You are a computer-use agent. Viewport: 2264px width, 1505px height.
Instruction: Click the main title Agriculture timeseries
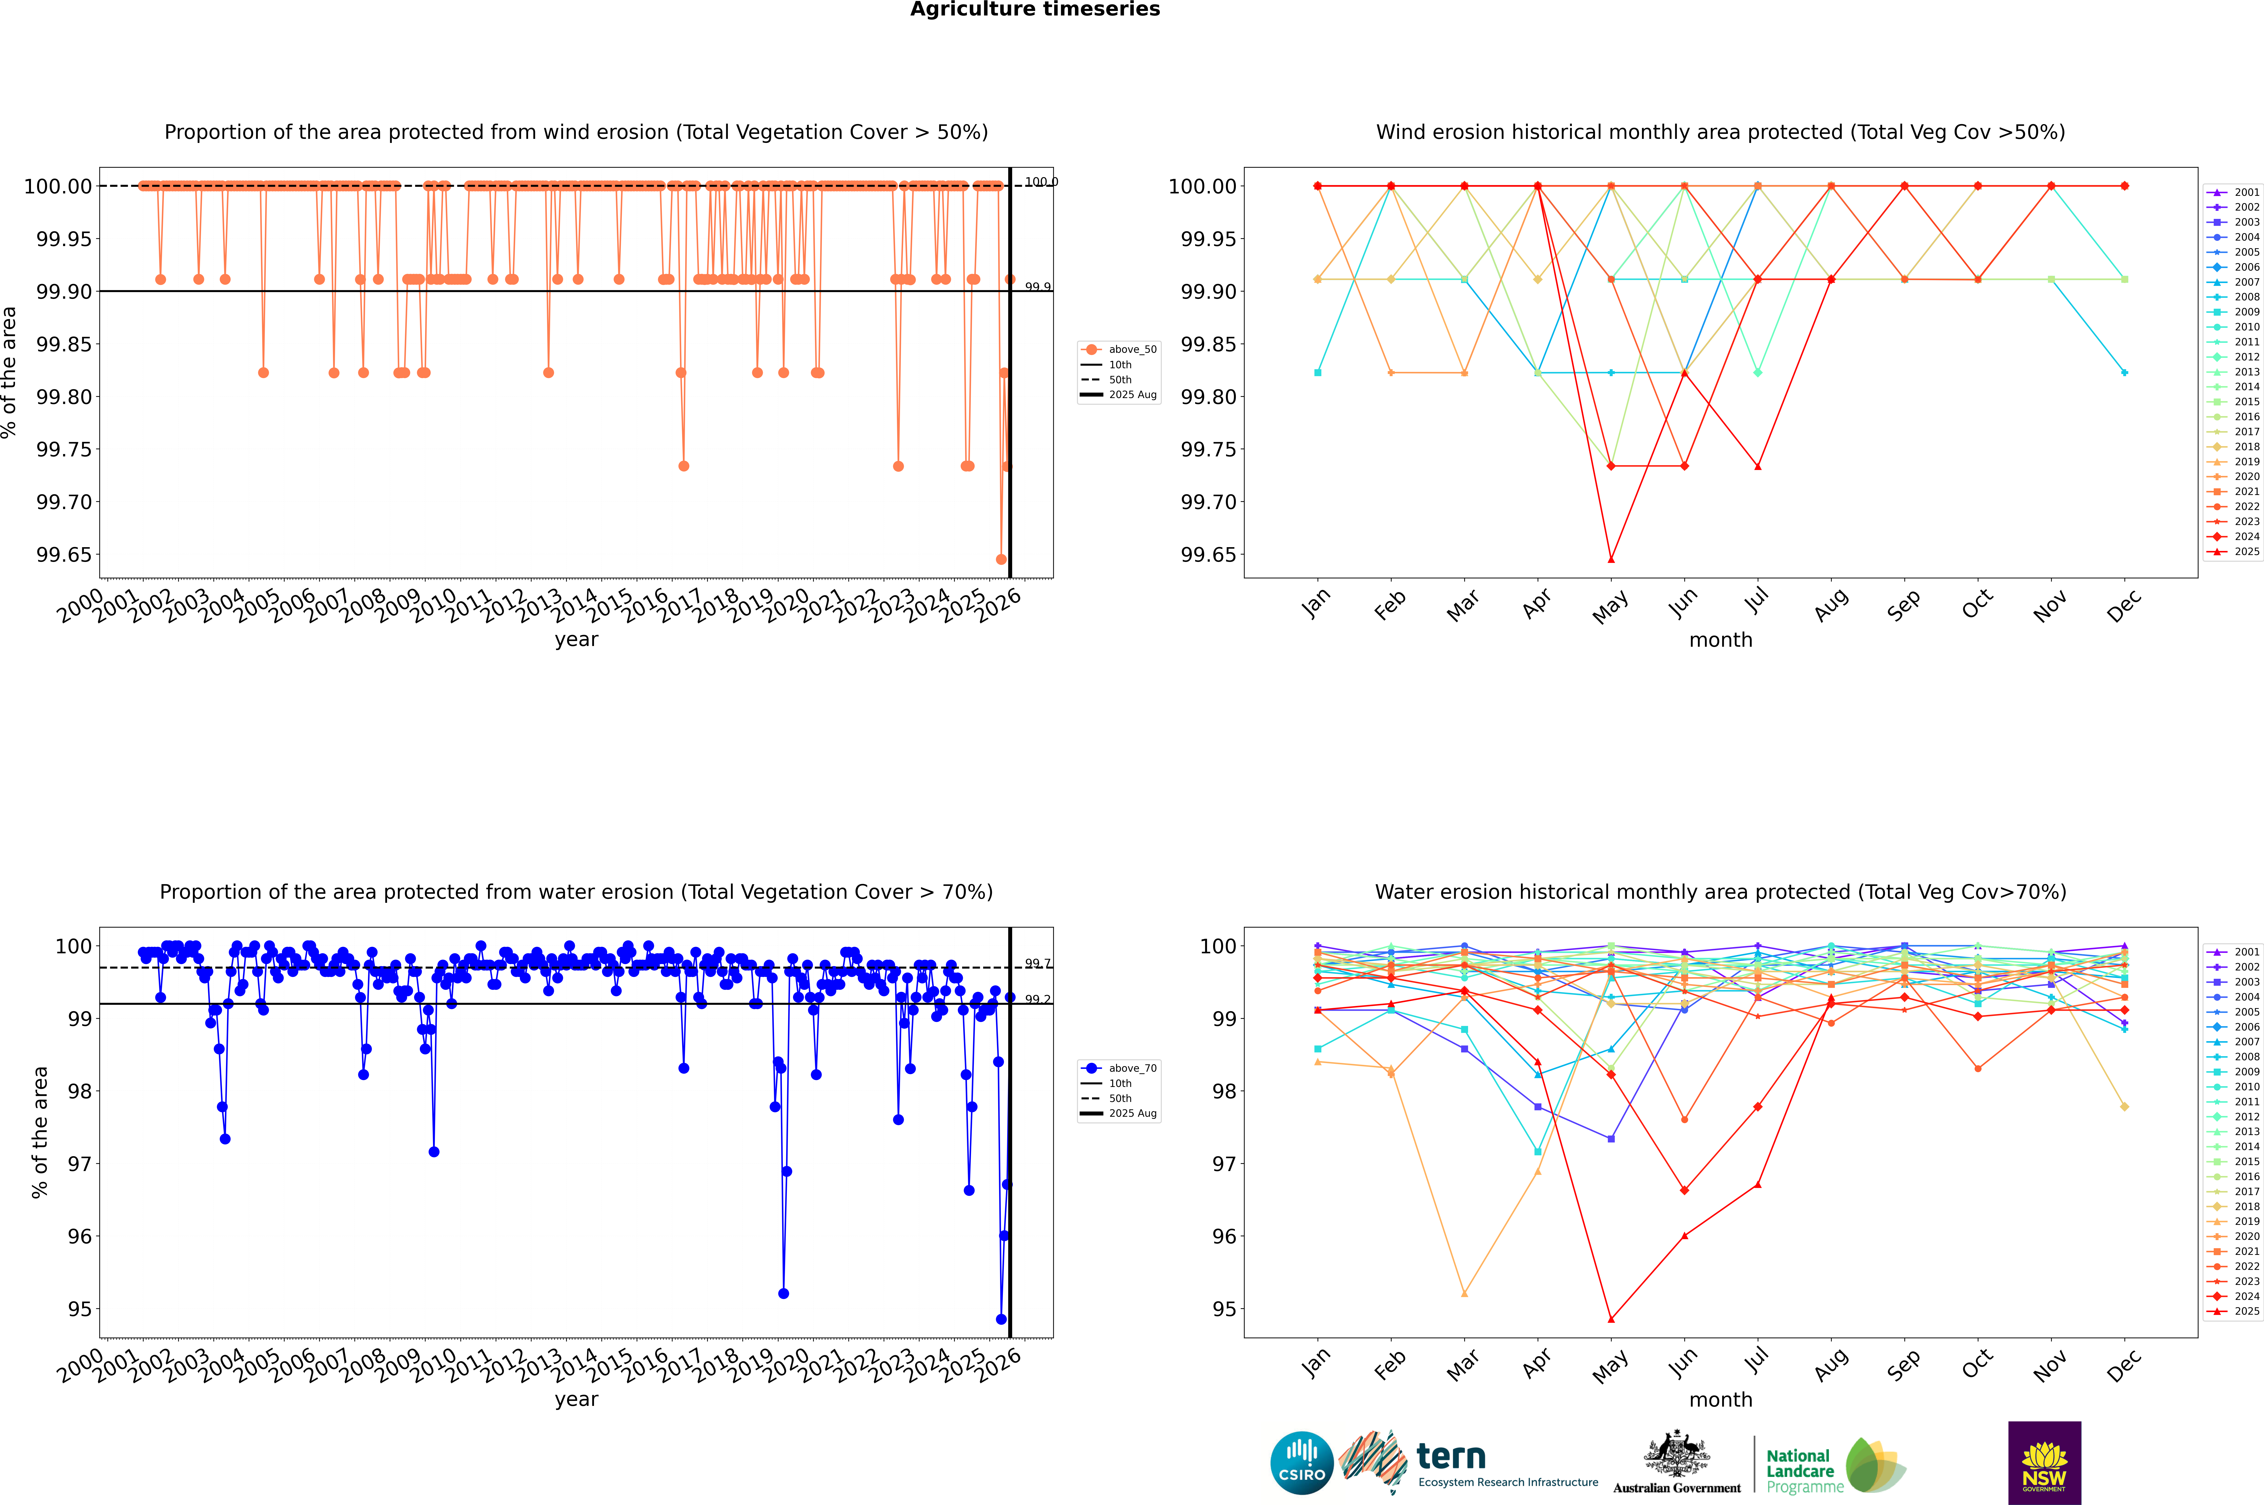(1035, 10)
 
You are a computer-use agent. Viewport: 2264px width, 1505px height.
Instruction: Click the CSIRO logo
(1301, 1463)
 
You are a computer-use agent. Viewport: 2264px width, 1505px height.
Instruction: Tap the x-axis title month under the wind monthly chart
(1720, 640)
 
